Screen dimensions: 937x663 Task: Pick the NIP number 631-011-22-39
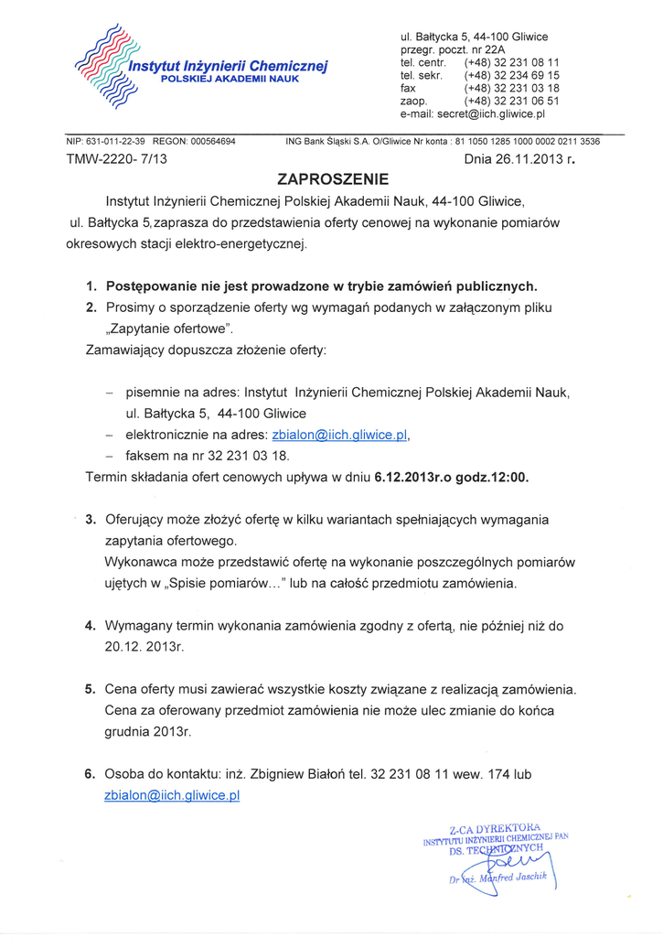(x=114, y=142)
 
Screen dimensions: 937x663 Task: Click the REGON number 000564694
(x=208, y=142)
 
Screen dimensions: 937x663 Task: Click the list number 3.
(x=91, y=519)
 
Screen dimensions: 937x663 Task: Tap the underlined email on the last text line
(x=172, y=796)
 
